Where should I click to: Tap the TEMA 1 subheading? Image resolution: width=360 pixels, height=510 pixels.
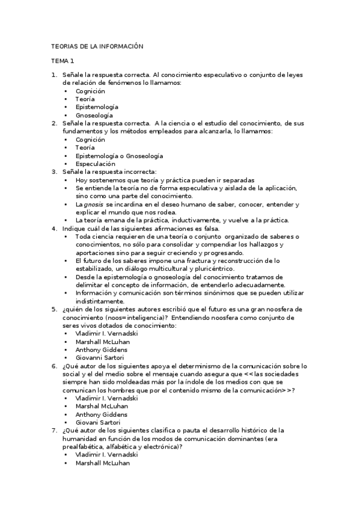click(x=63, y=61)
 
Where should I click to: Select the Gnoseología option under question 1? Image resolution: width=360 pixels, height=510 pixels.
click(x=94, y=115)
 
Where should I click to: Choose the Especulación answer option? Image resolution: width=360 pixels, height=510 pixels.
click(x=95, y=164)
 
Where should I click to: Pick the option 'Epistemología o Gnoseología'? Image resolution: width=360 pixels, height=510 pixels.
click(x=119, y=156)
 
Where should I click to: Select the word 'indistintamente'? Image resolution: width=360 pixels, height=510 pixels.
click(x=100, y=301)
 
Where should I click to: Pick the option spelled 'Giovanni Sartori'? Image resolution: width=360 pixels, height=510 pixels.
click(x=100, y=358)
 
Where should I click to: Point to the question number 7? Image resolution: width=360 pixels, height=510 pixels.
click(x=53, y=431)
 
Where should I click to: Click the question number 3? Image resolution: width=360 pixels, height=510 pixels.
click(x=53, y=172)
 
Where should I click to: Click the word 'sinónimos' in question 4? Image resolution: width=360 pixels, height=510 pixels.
click(x=227, y=293)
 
